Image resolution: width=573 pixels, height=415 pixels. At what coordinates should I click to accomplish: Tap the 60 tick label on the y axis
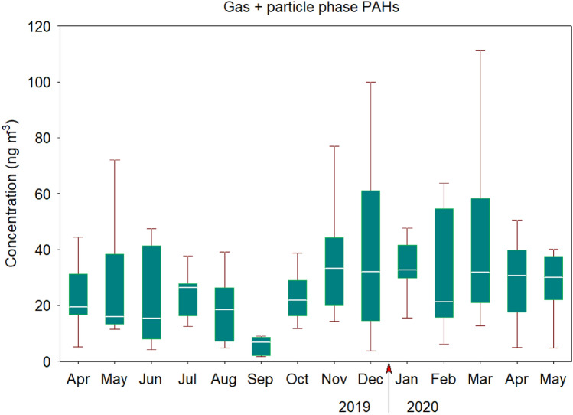pyautogui.click(x=43, y=194)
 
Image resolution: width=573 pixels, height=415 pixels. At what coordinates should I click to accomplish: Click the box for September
pyautogui.click(x=262, y=346)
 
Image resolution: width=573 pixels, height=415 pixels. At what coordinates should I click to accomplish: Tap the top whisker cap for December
pyautogui.click(x=370, y=82)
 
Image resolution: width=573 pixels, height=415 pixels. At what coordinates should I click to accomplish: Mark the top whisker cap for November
pyautogui.click(x=334, y=145)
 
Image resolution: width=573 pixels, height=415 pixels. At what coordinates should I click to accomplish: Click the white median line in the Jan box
pyautogui.click(x=407, y=270)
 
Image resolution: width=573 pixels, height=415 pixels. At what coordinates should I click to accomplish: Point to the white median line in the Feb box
pyautogui.click(x=444, y=301)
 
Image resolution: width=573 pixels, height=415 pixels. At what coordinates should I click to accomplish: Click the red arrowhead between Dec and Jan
pyautogui.click(x=389, y=369)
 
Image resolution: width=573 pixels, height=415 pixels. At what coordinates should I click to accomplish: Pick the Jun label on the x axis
pyautogui.click(x=151, y=381)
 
